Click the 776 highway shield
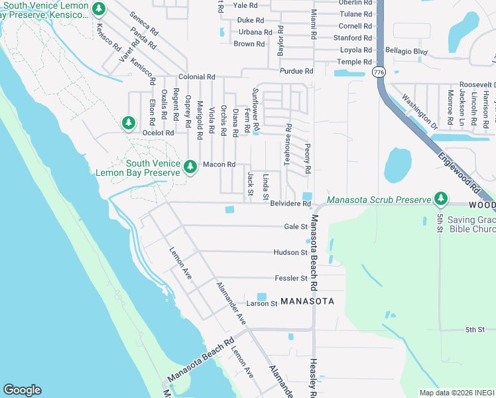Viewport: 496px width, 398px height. (378, 72)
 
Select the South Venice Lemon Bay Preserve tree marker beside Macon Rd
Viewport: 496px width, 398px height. (190, 166)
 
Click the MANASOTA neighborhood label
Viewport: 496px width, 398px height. (306, 301)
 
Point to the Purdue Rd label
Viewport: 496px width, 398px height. (296, 71)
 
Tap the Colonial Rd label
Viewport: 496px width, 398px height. (196, 77)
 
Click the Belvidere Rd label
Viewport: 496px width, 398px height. (290, 204)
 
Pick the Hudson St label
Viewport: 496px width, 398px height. (290, 252)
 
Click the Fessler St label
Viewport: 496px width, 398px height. (290, 278)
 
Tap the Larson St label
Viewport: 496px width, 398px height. (261, 304)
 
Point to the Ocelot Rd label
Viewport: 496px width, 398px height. (158, 133)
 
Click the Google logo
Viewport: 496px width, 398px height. (23, 390)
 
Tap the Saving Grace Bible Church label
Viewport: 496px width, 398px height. (471, 225)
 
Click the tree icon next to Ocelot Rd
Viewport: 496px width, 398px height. (128, 123)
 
